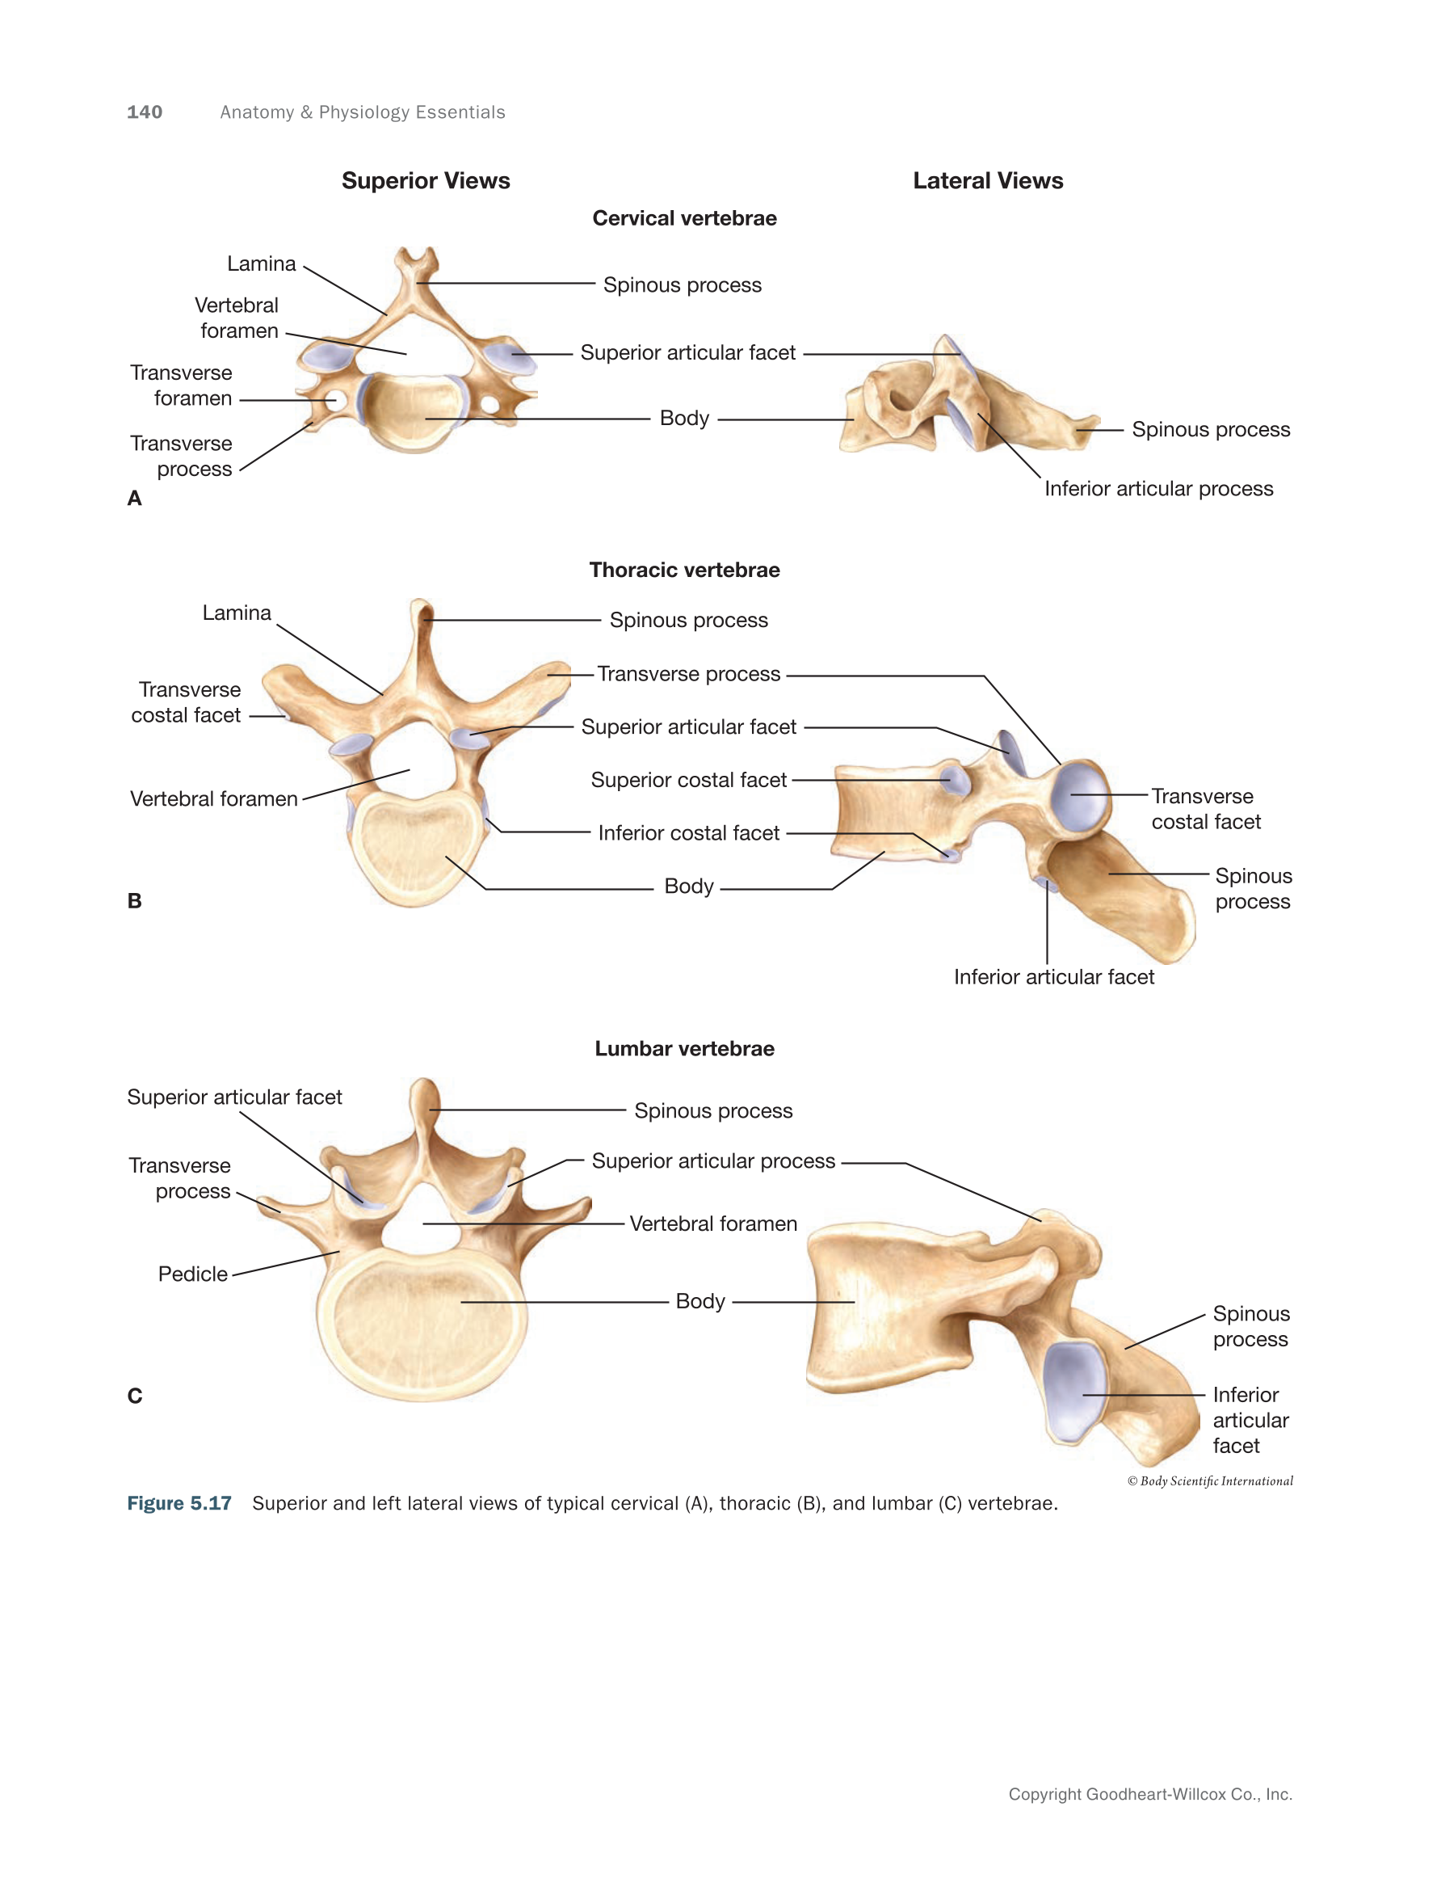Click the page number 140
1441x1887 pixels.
pos(144,112)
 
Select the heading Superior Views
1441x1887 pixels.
pos(426,180)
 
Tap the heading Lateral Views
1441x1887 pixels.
pos(987,180)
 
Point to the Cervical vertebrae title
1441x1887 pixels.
pos(684,218)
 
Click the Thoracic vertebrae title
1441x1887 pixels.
pos(684,570)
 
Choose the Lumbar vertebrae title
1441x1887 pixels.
pos(684,1049)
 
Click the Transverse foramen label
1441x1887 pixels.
pos(181,385)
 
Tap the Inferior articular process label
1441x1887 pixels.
pos(1159,488)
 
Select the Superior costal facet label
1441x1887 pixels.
pos(689,780)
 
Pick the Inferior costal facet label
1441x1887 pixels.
pos(689,832)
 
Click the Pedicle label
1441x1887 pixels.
pos(193,1274)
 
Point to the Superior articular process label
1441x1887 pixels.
pos(714,1161)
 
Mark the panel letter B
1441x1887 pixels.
pos(135,901)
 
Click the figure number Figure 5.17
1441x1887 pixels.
pos(179,1503)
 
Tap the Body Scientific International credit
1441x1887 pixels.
pos(1209,1481)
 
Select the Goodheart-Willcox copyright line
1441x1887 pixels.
pos(1150,1794)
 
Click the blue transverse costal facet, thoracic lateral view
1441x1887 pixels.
pos(1080,795)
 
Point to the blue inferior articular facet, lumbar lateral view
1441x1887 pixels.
pos(1075,1392)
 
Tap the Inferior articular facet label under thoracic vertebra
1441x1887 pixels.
pos(1054,976)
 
